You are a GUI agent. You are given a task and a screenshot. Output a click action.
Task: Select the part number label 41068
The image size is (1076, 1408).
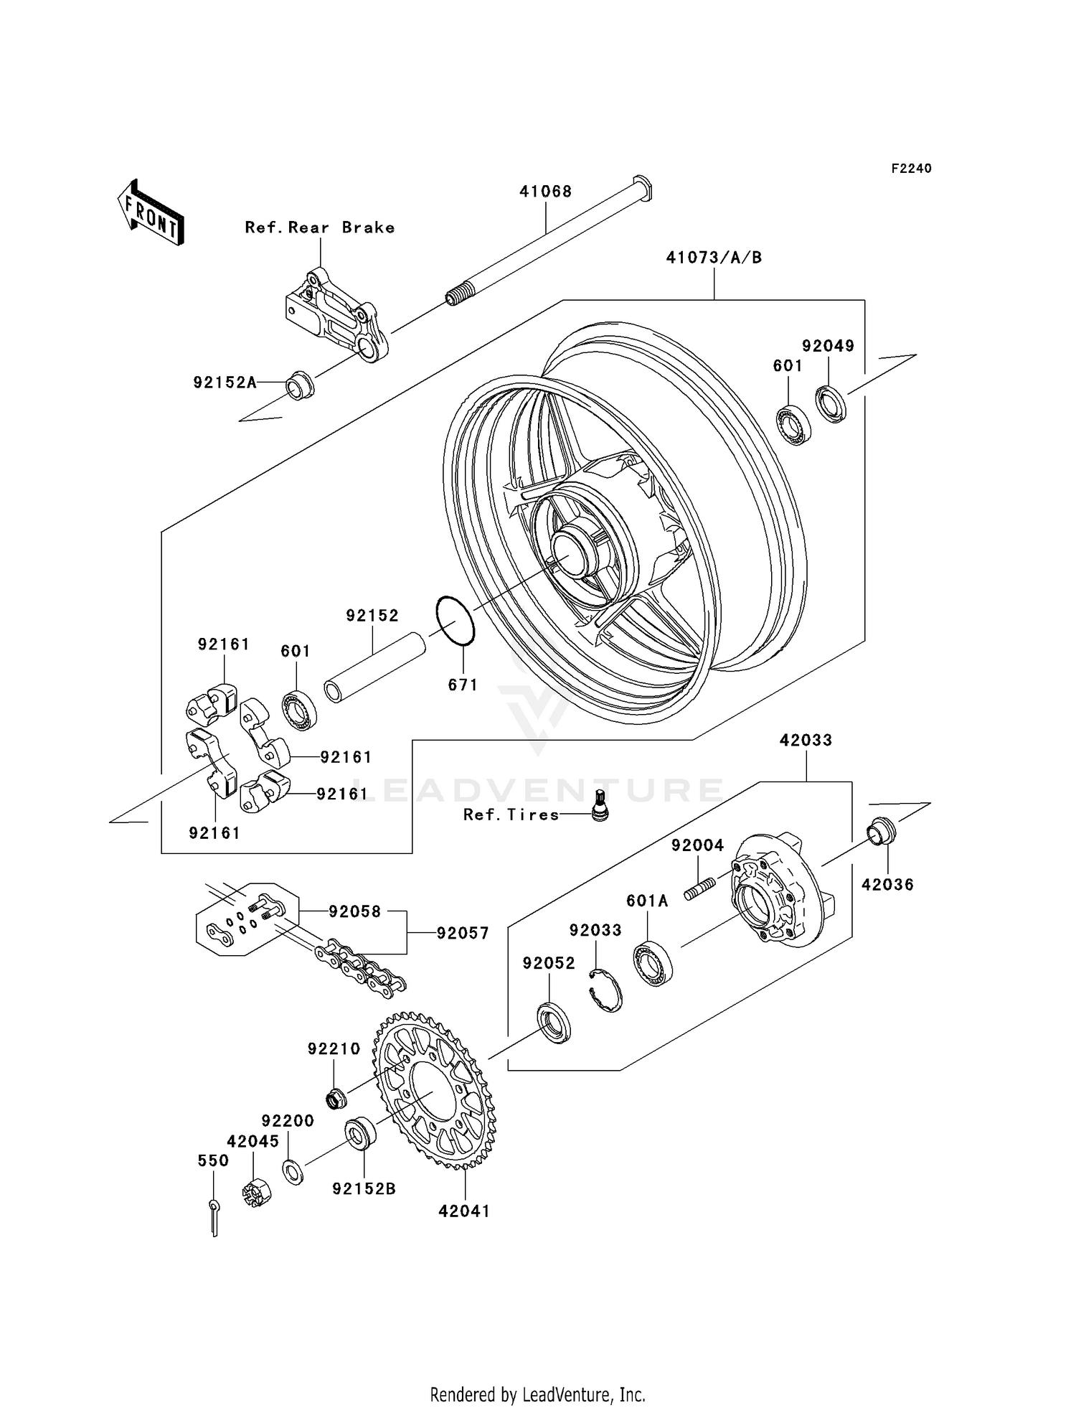pos(545,192)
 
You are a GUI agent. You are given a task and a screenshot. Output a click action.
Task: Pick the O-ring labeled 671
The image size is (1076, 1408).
pos(455,621)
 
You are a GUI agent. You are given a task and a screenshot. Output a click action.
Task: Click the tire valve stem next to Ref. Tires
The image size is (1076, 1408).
pos(600,805)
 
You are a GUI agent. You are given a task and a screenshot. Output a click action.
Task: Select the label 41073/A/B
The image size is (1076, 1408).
pos(714,258)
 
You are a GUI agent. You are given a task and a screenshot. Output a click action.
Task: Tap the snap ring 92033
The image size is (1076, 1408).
pos(605,990)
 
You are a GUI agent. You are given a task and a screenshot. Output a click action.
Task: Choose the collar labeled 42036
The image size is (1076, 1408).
pos(882,832)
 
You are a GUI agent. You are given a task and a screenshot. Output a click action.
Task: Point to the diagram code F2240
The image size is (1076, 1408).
pos(911,169)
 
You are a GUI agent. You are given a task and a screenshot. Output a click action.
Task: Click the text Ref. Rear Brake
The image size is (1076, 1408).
pos(320,227)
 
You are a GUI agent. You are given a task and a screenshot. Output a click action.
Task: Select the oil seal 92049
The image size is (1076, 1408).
pos(831,404)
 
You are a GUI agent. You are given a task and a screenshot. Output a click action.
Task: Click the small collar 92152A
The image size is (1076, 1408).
pos(300,385)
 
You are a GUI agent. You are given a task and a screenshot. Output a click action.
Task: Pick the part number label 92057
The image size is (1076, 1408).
pos(463,933)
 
